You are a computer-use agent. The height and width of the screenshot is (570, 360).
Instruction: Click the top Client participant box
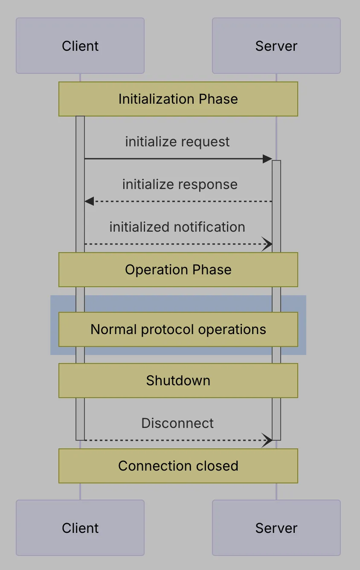80,46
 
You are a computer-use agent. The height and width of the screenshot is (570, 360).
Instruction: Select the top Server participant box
276,46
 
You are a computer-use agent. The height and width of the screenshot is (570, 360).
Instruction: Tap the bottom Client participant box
80,528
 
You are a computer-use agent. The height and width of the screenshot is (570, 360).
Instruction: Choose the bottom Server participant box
276,528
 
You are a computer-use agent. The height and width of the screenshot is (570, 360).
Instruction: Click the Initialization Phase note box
178,99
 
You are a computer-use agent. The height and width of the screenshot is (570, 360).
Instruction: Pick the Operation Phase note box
178,270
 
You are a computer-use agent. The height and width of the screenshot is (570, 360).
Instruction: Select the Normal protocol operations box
178,329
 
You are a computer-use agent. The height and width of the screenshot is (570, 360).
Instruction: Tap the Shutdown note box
178,381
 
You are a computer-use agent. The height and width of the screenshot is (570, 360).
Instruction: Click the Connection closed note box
178,466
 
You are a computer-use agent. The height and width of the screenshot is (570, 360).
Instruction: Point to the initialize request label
177,142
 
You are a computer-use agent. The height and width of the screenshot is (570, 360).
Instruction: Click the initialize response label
180,184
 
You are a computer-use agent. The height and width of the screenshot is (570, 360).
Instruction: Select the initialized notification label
177,227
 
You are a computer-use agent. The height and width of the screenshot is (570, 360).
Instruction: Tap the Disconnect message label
177,423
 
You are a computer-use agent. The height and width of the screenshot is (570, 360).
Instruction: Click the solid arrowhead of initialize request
267,159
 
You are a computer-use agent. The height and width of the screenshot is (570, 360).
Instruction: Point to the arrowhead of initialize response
89,201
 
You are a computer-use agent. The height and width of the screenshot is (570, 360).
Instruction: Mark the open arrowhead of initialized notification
267,244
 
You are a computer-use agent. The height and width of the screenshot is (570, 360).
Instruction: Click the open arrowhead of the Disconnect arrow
267,440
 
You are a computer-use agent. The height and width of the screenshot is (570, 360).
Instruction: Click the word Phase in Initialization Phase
218,99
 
